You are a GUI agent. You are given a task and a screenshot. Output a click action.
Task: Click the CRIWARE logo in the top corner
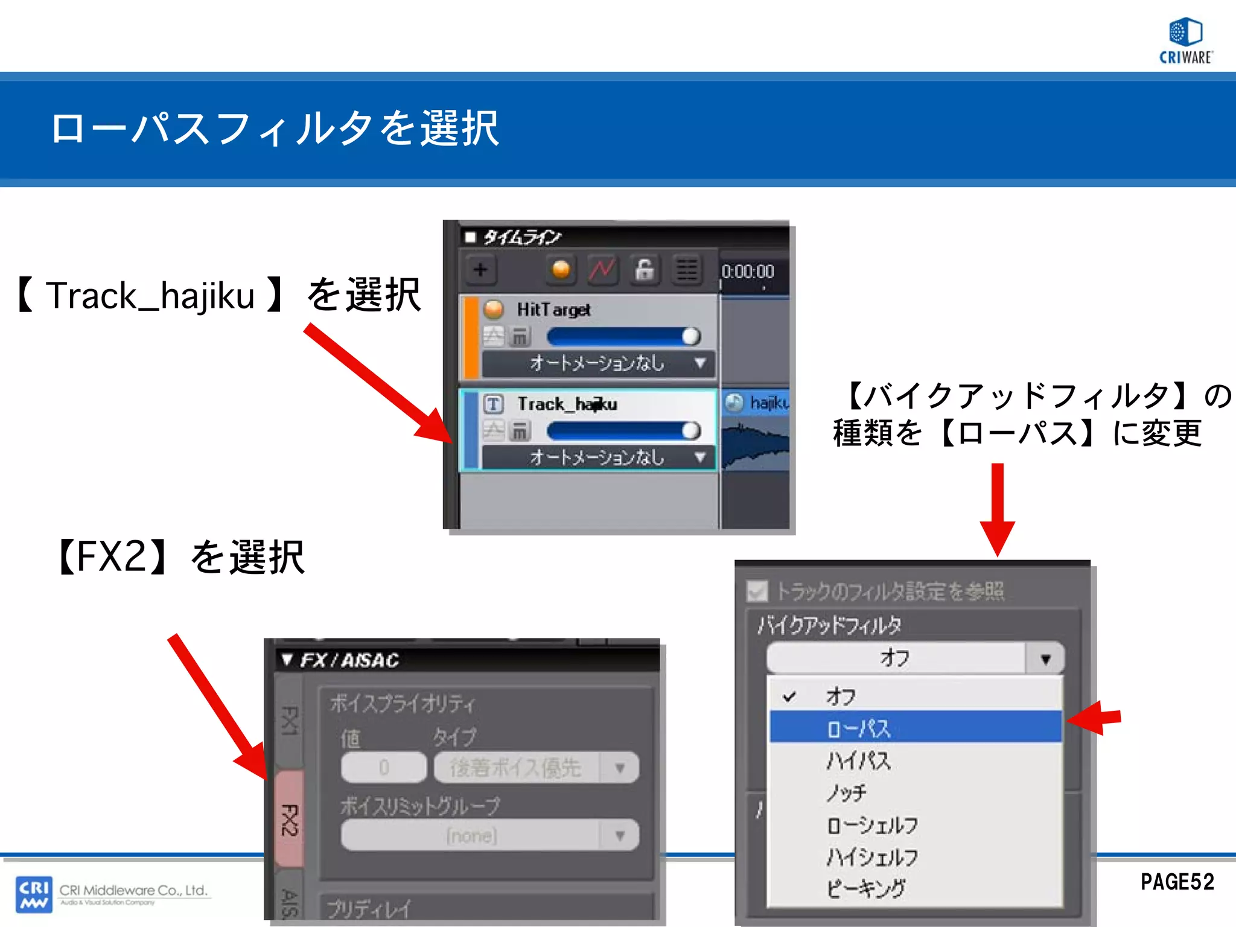point(1185,40)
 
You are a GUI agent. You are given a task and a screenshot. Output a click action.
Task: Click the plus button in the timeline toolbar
point(480,270)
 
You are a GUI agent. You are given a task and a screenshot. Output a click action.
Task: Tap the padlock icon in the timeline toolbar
point(644,270)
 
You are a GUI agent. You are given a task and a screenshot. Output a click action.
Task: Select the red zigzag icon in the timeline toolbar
point(602,270)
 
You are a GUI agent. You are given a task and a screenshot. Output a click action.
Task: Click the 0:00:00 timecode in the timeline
point(748,272)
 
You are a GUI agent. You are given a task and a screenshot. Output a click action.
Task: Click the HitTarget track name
point(553,310)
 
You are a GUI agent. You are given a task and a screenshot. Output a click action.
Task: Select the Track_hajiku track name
point(567,404)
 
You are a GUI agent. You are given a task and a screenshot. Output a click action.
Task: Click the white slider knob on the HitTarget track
point(691,336)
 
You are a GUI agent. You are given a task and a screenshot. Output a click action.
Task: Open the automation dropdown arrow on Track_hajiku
point(700,457)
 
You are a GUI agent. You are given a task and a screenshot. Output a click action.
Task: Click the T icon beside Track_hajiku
point(494,404)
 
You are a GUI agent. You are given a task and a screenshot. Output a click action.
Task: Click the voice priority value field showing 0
point(384,768)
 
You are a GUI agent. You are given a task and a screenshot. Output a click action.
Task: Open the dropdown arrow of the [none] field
point(619,836)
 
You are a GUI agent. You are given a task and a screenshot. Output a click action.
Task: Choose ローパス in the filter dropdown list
point(859,728)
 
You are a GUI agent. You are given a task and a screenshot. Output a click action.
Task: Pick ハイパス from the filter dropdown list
point(859,760)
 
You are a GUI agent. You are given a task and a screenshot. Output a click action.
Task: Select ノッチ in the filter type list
point(847,792)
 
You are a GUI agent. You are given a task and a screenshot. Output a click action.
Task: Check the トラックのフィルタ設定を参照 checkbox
point(757,591)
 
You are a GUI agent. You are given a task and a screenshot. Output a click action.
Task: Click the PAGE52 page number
point(1177,882)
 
